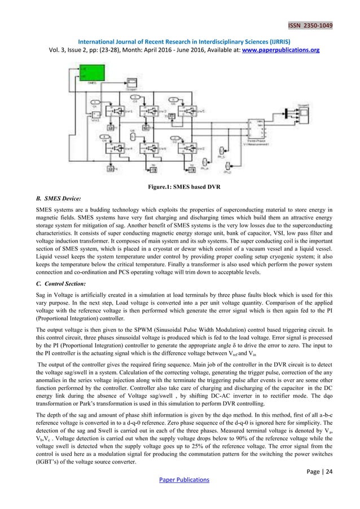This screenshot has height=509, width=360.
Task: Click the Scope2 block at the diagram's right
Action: click(304, 112)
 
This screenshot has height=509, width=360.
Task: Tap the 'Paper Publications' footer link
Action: click(179, 480)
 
